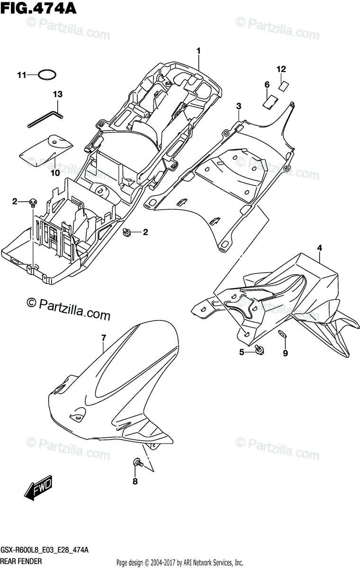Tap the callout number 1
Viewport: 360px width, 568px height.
click(x=199, y=51)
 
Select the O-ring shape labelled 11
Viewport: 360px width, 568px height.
click(x=47, y=75)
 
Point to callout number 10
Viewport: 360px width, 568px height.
click(x=55, y=173)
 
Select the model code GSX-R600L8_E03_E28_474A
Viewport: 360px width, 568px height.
click(x=45, y=551)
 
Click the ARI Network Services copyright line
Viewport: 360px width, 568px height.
click(x=180, y=562)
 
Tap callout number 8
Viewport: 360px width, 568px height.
click(x=135, y=482)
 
